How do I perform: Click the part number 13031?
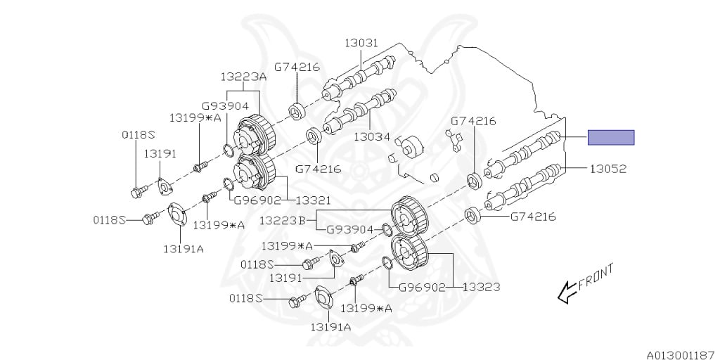click(361, 44)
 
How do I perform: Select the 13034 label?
click(371, 137)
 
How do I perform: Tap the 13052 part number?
click(607, 169)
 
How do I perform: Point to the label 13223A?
click(243, 77)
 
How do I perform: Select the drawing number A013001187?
click(681, 347)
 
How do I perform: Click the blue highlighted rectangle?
click(611, 137)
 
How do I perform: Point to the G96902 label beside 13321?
click(258, 200)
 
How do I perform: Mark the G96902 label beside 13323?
click(422, 287)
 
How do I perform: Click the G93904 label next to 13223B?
click(350, 229)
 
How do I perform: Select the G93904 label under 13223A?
click(225, 106)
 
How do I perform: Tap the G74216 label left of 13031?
click(297, 67)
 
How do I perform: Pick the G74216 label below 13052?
click(533, 217)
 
